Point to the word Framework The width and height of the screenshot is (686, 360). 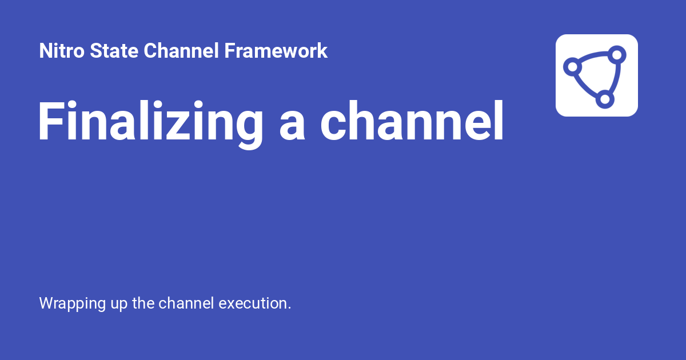[x=276, y=51]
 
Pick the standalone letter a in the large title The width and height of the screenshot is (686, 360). [x=293, y=126]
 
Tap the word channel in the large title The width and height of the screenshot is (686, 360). [x=411, y=122]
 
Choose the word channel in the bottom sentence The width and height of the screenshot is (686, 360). [x=187, y=303]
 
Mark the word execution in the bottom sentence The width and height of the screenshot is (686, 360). [x=255, y=303]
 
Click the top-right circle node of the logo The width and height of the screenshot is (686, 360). [x=616, y=55]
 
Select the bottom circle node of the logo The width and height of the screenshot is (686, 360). [x=604, y=99]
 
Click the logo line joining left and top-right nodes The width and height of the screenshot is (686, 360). [x=593, y=57]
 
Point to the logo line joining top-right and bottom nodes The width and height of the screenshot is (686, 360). [x=613, y=78]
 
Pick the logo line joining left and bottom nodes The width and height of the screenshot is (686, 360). [x=585, y=87]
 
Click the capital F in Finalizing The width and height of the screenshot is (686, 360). [x=50, y=122]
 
